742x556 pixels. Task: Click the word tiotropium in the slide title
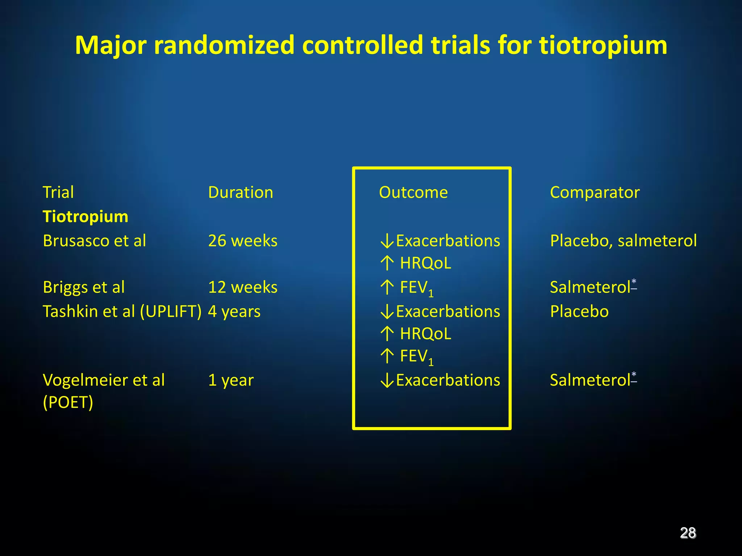click(x=603, y=46)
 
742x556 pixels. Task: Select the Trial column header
click(x=58, y=192)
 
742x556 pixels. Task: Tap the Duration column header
click(x=241, y=192)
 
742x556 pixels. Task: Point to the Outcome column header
click(x=413, y=192)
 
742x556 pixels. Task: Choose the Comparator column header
click(x=595, y=192)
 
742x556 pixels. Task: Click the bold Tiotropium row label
click(x=86, y=216)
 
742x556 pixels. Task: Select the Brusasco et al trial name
click(x=94, y=241)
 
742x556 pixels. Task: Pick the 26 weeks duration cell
click(x=243, y=241)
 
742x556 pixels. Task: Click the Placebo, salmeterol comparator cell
click(x=623, y=241)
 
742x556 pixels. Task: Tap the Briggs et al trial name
click(x=84, y=287)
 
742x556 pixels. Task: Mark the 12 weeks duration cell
click(x=243, y=287)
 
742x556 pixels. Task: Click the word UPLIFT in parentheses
click(x=170, y=311)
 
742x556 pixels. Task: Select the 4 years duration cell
click(x=234, y=311)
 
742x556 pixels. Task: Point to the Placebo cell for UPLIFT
click(x=579, y=311)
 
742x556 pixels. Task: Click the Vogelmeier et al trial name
click(x=104, y=380)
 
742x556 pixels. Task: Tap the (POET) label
click(x=68, y=402)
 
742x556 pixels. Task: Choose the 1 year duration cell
click(x=231, y=380)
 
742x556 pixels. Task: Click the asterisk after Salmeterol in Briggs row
click(x=634, y=282)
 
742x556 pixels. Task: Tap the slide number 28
click(x=688, y=533)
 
